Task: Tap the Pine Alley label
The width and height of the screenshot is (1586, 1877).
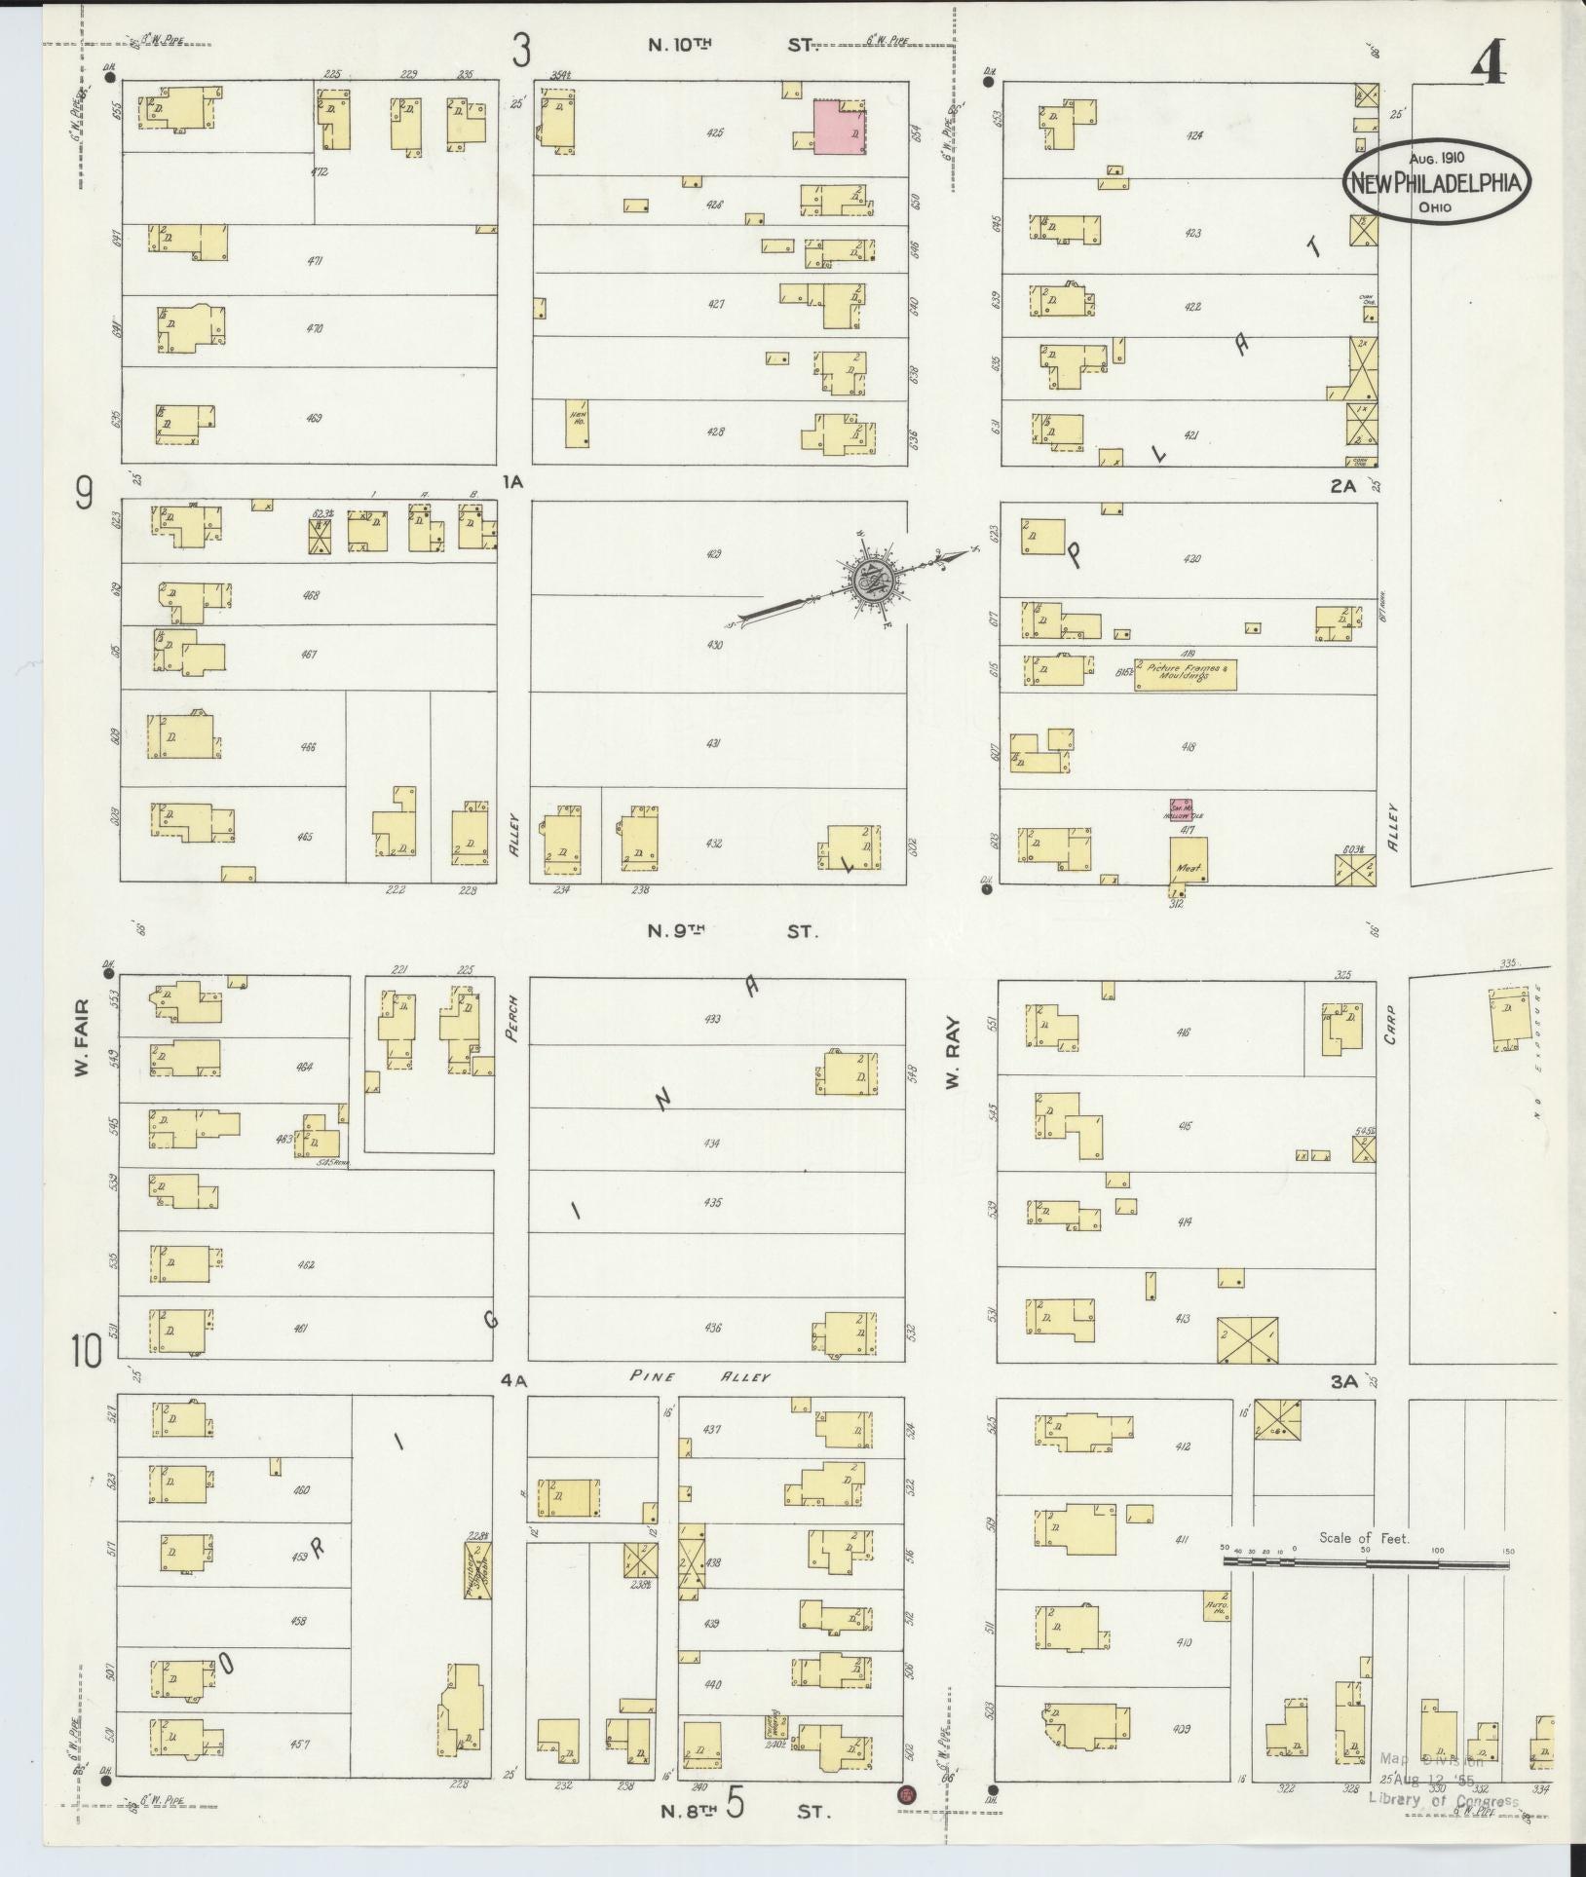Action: (699, 1377)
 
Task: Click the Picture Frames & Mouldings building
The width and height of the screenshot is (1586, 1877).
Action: (1185, 672)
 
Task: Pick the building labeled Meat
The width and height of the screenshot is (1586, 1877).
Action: (1189, 861)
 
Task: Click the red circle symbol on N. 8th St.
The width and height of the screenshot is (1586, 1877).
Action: (907, 1794)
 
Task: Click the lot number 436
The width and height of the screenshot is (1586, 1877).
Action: (713, 1328)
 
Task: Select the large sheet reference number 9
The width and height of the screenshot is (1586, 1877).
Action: (85, 497)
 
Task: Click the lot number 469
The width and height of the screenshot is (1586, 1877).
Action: (315, 419)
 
